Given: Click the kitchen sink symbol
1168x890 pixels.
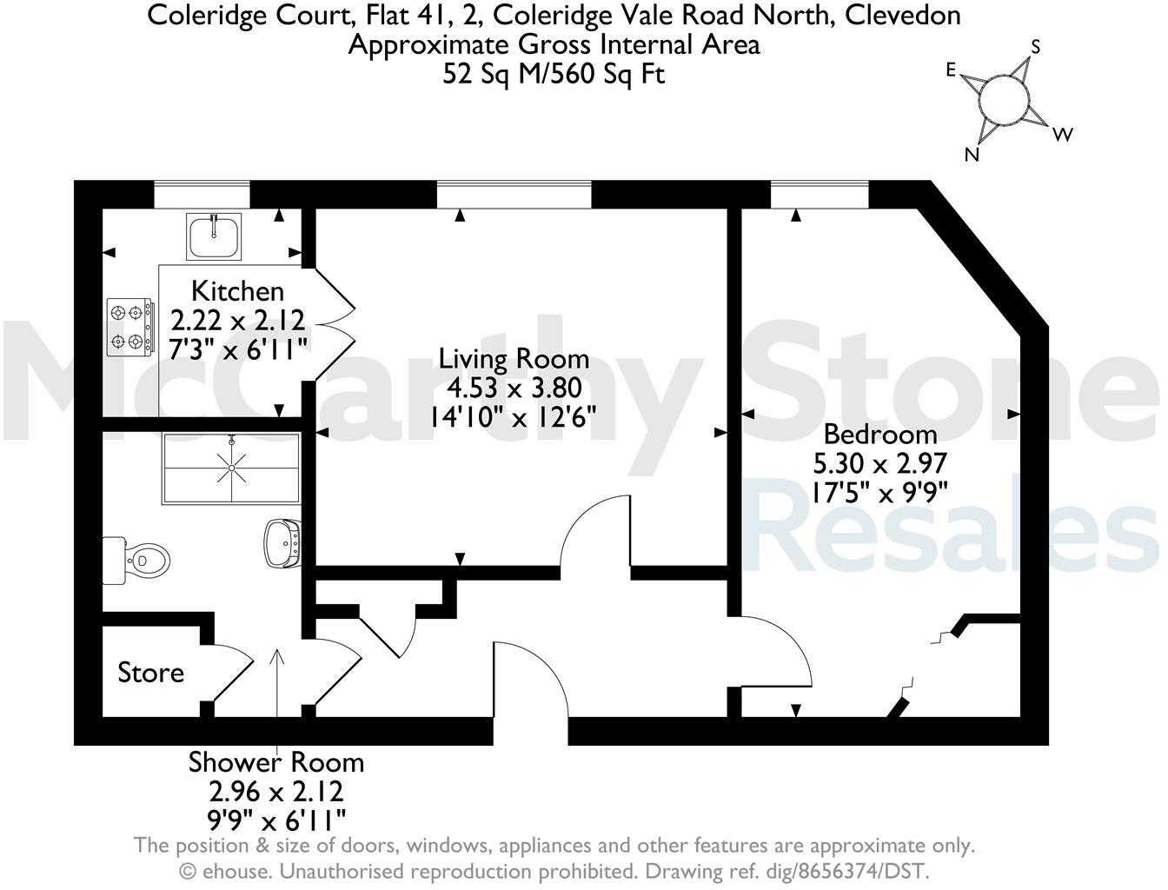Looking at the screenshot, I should [215, 236].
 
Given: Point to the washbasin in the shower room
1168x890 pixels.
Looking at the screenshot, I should [283, 542].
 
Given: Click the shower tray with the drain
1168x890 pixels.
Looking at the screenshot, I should [231, 468].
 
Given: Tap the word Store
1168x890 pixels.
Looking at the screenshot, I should [151, 673].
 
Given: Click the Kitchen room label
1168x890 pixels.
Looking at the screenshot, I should [237, 290].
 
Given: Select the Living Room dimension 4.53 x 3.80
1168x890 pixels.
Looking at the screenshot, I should [514, 388].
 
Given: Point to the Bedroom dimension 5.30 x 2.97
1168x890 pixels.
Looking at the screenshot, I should [879, 462].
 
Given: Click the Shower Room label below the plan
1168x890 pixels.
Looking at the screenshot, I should [276, 763].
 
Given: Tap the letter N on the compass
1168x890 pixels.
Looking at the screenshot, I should [973, 155].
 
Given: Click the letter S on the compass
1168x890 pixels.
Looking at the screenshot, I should [1035, 46].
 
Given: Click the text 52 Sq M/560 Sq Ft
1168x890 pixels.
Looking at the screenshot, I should [554, 74].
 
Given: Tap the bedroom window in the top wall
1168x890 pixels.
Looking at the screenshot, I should [820, 195].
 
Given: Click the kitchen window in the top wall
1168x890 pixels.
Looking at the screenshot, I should [202, 195].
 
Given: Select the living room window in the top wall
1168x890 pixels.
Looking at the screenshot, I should [514, 195].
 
